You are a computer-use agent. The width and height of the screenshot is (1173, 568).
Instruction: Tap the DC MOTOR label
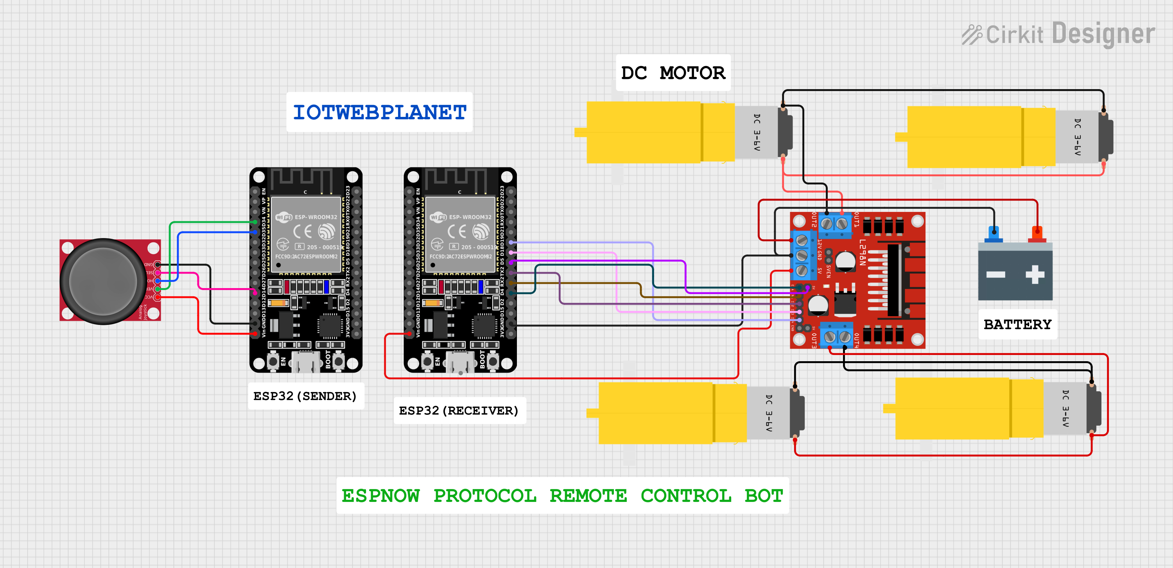(x=673, y=73)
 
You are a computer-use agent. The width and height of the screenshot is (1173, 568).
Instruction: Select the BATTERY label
(x=1017, y=324)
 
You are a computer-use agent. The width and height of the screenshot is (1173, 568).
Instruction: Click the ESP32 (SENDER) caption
(x=305, y=396)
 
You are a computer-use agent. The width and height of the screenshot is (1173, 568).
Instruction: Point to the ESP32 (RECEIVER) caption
(x=459, y=410)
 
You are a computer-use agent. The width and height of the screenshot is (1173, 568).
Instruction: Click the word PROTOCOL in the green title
(x=484, y=496)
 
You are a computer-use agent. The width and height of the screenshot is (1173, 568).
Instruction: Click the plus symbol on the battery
(x=1035, y=274)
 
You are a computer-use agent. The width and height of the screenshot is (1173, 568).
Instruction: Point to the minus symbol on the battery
(x=996, y=274)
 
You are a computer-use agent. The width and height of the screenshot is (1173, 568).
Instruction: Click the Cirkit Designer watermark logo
(x=1058, y=34)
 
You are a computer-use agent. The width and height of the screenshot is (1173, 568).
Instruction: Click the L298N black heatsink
(x=894, y=280)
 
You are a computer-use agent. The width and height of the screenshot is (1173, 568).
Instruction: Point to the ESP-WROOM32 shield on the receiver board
(x=460, y=235)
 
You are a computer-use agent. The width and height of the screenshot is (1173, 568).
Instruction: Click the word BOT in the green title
(x=764, y=496)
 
